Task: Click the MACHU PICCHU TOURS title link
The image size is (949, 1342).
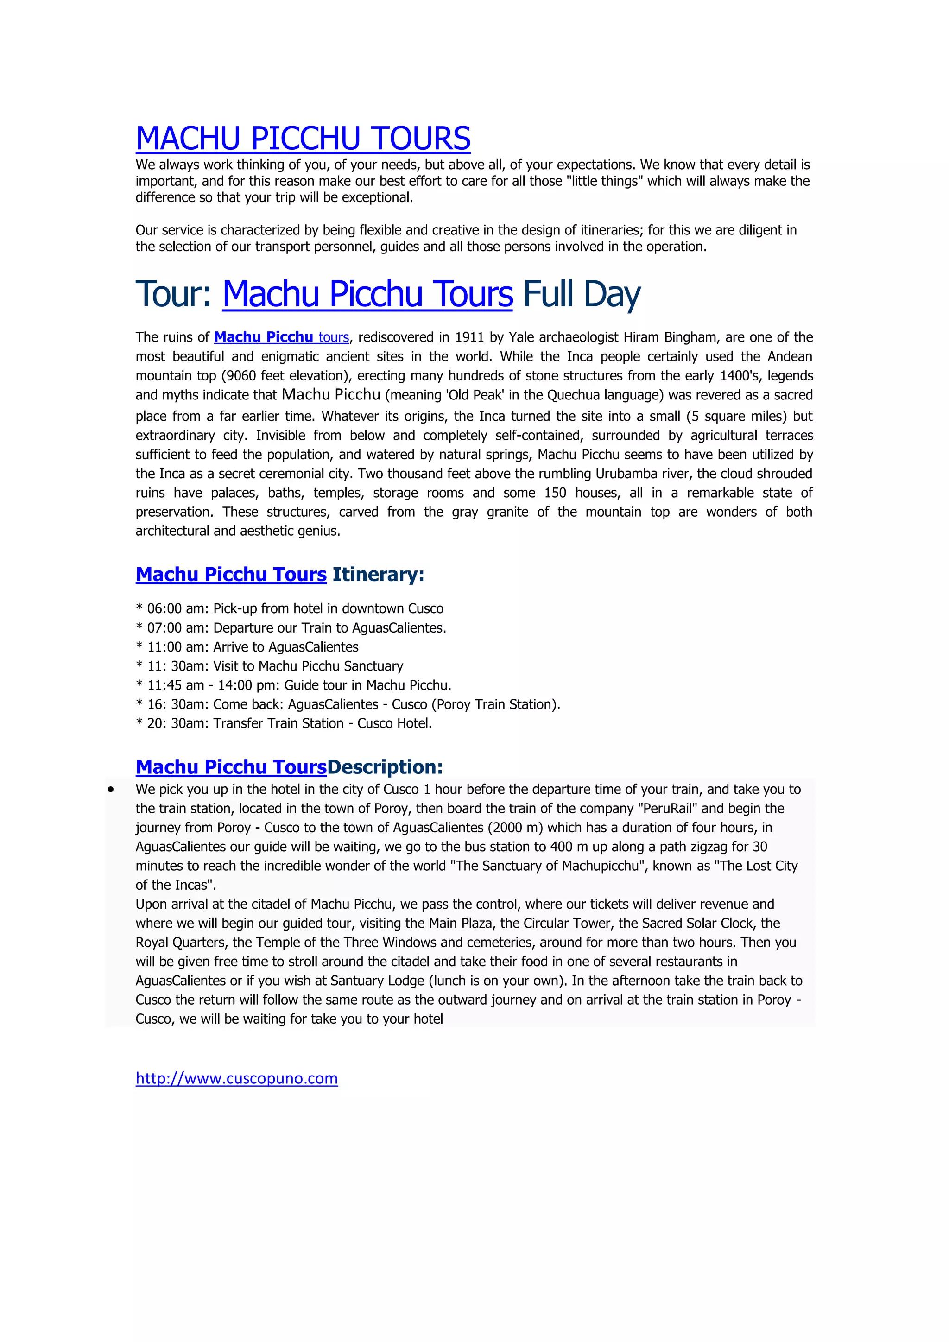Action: pyautogui.click(x=303, y=139)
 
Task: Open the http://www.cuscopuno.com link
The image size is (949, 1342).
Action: pyautogui.click(x=237, y=1078)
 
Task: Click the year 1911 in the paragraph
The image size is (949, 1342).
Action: pyautogui.click(x=469, y=337)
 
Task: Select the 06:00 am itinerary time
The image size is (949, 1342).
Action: pyautogui.click(x=173, y=608)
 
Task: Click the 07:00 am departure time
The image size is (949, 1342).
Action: pyautogui.click(x=173, y=628)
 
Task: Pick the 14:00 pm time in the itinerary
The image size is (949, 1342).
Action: pyautogui.click(x=244, y=685)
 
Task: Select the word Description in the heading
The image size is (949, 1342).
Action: pyautogui.click(x=385, y=766)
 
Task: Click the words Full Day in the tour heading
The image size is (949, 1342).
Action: pyautogui.click(x=582, y=293)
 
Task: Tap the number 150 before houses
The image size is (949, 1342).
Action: pyautogui.click(x=555, y=493)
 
